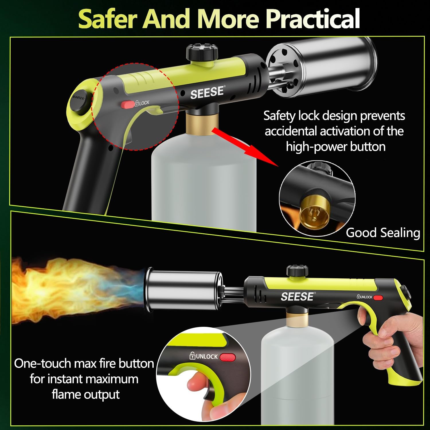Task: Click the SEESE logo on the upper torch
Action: [207, 92]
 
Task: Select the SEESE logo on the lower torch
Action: [297, 297]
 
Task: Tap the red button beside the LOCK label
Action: [127, 104]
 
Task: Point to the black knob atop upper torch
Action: [202, 51]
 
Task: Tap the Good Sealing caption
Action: [383, 232]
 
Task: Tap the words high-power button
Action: [335, 147]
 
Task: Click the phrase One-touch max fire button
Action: [84, 363]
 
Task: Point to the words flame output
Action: [85, 394]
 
